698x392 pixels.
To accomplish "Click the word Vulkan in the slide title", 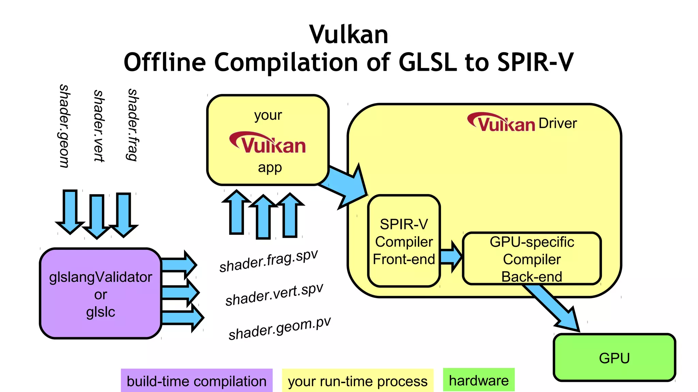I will click(x=349, y=35).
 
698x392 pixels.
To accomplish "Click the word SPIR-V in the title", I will click(x=535, y=63).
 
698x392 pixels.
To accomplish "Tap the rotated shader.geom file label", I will click(x=64, y=126).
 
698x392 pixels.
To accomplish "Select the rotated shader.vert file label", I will click(x=98, y=126).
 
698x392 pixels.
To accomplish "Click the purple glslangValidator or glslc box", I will click(x=100, y=294).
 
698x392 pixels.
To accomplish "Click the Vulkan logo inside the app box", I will click(x=268, y=143).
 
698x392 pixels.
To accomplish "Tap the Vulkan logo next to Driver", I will click(x=501, y=122).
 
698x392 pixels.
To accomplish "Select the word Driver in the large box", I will click(x=558, y=123).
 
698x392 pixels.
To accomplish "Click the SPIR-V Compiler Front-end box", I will click(x=404, y=241).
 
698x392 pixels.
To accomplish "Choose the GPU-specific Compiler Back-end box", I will click(x=532, y=259).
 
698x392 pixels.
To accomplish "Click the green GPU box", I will click(x=614, y=358).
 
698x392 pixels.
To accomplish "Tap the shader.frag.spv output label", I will click(x=269, y=261).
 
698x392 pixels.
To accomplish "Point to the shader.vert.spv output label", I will click(x=274, y=295).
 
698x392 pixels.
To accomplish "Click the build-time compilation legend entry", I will click(x=197, y=381).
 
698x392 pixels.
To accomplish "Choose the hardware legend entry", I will click(x=479, y=380).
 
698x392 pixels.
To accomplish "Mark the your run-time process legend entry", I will click(x=358, y=381).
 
